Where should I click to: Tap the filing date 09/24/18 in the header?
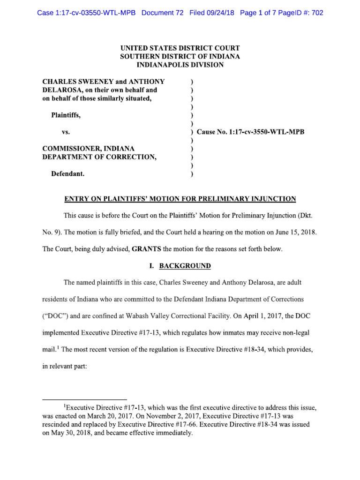coord(219,13)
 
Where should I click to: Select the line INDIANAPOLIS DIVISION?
coord(180,65)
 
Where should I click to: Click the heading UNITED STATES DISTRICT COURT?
coord(180,48)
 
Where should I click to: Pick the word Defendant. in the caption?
coord(68,174)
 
